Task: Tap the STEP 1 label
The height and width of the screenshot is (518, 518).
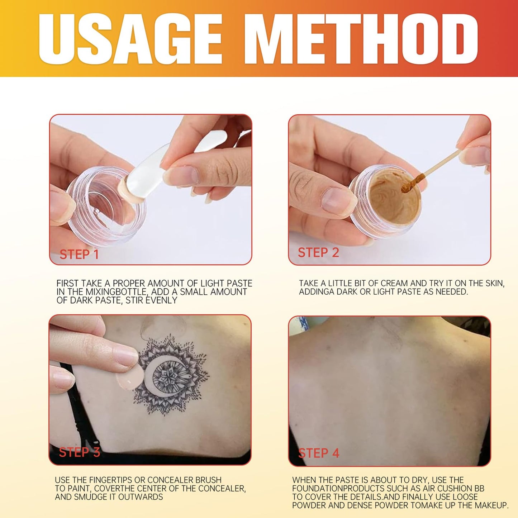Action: (x=79, y=255)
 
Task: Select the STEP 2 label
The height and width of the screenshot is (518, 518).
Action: (x=318, y=253)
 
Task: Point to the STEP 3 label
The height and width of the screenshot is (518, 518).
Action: (x=79, y=452)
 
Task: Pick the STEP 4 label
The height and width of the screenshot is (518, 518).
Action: (x=319, y=453)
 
